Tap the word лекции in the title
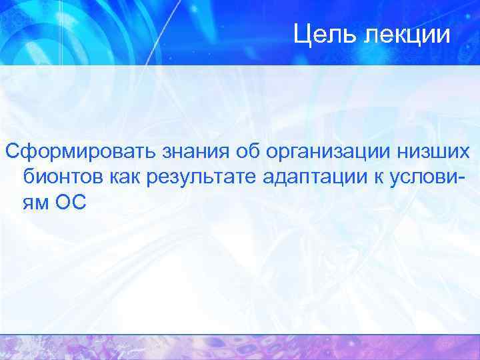tap(407, 34)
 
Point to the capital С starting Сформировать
tap(12, 152)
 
